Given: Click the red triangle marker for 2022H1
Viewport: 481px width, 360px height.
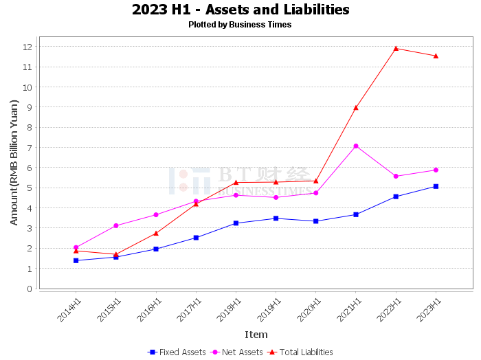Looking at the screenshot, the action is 396,49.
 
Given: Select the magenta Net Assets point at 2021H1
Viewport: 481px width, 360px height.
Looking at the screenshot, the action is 356,146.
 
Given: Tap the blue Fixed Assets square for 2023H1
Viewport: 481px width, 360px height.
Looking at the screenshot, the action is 436,186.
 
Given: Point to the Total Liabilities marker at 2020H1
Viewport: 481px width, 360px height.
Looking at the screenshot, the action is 316,181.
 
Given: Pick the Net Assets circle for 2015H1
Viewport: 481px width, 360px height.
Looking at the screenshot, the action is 116,226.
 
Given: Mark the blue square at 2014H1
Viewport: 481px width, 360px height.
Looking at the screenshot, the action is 76,260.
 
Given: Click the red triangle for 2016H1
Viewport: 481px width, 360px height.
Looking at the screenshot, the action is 156,234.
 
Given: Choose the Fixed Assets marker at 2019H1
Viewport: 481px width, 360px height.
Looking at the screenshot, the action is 276,218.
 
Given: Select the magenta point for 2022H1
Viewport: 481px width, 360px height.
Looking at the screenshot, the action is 396,177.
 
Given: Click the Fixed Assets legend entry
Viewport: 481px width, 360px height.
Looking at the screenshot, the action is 177,352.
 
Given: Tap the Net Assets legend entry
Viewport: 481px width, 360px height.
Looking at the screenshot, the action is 236,352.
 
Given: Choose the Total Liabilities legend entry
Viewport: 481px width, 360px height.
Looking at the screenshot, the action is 300,352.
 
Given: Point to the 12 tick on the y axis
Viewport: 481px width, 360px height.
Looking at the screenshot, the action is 27,47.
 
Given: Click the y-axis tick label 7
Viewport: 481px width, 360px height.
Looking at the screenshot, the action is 30,148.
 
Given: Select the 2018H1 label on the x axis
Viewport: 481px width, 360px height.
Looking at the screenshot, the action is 229,310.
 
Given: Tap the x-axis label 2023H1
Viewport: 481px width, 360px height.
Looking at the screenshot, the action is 429,310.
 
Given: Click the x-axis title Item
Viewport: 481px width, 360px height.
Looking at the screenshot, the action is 256,335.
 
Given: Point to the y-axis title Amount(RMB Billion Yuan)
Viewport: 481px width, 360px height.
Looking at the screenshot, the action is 14,163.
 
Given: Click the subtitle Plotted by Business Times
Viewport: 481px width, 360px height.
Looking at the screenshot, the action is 240,25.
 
